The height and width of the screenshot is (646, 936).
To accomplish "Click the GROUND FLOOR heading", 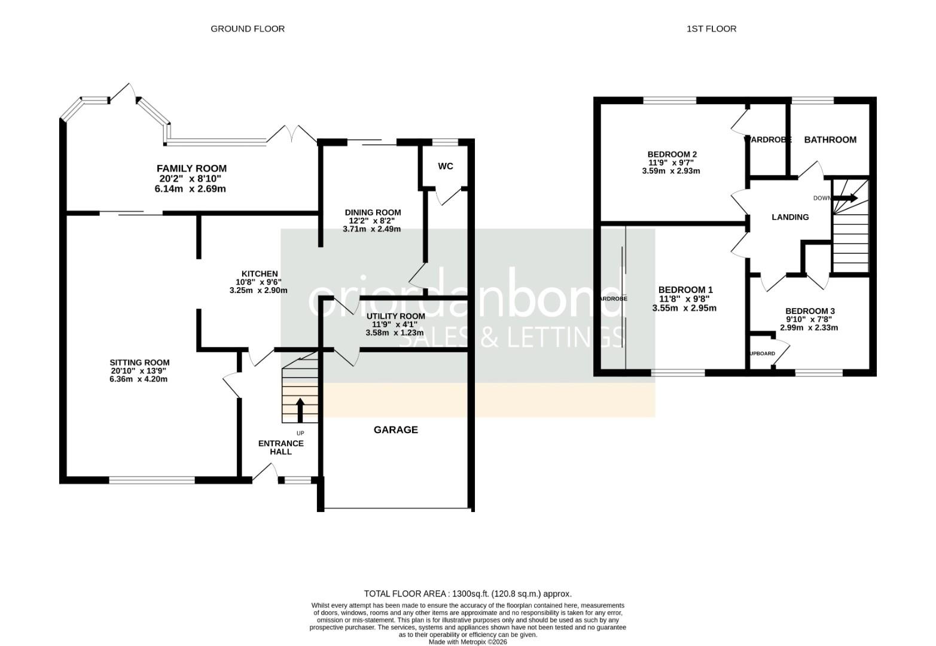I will pos(247,29).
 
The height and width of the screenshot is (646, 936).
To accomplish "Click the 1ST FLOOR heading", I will pos(711,29).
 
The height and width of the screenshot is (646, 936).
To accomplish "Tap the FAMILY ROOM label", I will pos(191,169).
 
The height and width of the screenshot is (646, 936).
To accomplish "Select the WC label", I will pos(446,166).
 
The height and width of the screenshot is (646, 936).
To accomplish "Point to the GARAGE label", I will pos(395,429).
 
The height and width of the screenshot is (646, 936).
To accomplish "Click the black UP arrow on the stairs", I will pos(300,411).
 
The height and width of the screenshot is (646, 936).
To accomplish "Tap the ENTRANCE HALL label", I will pos(281,447).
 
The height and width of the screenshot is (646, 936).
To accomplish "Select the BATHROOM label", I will pos(830,139).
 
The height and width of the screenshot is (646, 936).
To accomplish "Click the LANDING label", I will pos(789,217).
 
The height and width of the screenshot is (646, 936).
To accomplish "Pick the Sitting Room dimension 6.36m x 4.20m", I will pos(139,379).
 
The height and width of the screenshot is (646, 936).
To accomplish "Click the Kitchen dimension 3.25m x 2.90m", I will pos(258,290).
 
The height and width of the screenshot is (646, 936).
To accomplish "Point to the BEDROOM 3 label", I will pos(810,311).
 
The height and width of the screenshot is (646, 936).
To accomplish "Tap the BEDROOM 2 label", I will pos(673,154).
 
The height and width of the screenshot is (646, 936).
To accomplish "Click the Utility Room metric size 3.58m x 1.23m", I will pos(394,333).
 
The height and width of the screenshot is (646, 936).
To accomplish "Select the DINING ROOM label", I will pos(373,212).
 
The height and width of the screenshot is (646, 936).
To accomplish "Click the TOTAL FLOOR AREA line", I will pos(468,594).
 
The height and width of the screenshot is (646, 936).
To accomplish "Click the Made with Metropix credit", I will pos(468,642).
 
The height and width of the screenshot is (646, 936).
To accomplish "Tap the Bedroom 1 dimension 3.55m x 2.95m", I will pos(684,308).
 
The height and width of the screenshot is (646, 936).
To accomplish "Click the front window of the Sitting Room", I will pos(152,479).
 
